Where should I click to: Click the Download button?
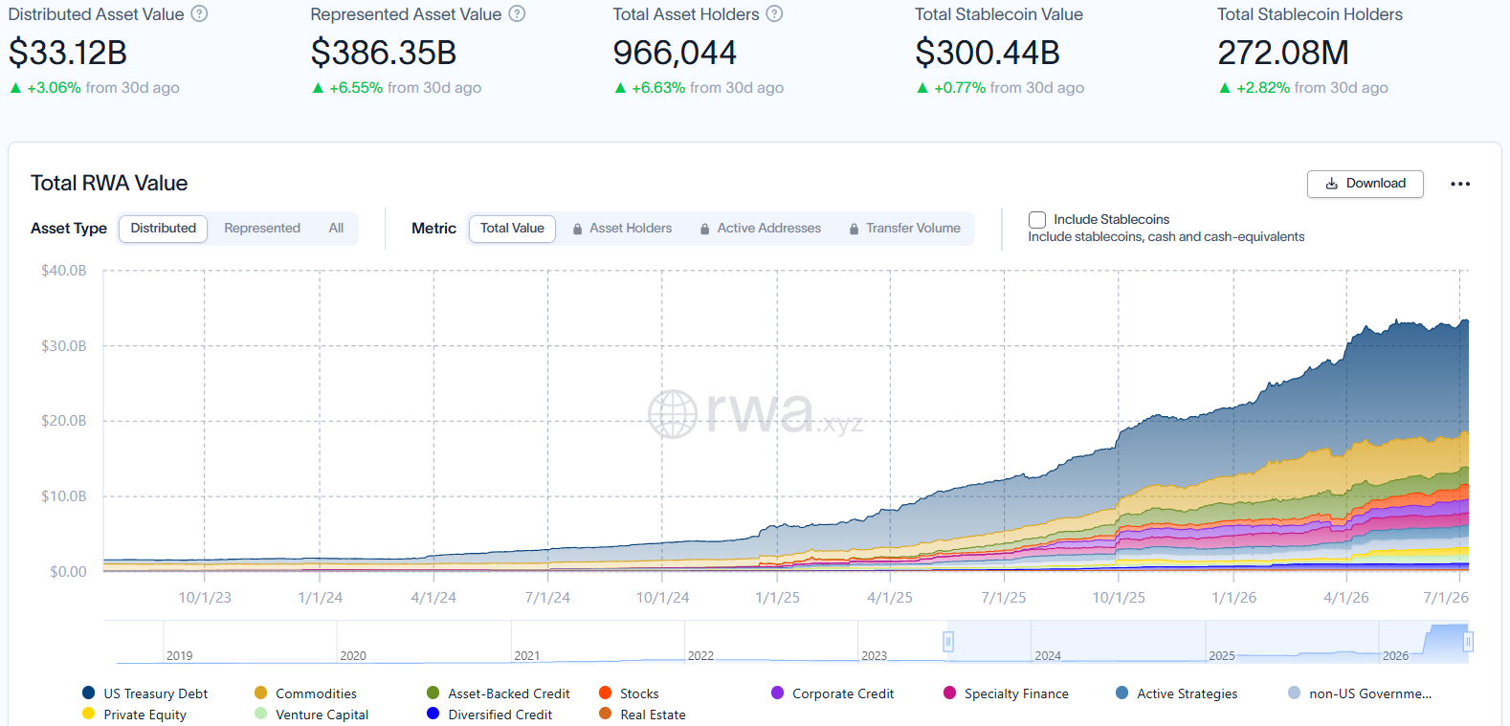(1366, 184)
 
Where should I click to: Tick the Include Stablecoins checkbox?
(1036, 220)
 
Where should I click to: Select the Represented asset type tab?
(262, 228)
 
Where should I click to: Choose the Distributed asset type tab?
(163, 228)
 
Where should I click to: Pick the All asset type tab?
(336, 228)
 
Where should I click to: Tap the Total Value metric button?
(512, 228)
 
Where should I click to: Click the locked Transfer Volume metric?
(904, 229)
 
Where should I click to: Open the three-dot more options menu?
(1460, 184)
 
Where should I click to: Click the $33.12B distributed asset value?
(67, 53)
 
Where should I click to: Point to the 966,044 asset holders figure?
(674, 53)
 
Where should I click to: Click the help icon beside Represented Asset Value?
(517, 14)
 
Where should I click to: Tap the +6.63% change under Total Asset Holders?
(658, 88)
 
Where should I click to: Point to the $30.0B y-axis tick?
(64, 346)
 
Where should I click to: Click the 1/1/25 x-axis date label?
(777, 597)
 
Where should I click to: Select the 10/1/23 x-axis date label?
(204, 597)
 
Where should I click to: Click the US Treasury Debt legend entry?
(144, 693)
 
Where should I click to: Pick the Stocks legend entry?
(629, 693)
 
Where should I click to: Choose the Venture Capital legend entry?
(311, 715)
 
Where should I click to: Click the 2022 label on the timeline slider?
(700, 655)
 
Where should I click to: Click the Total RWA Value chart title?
(109, 183)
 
